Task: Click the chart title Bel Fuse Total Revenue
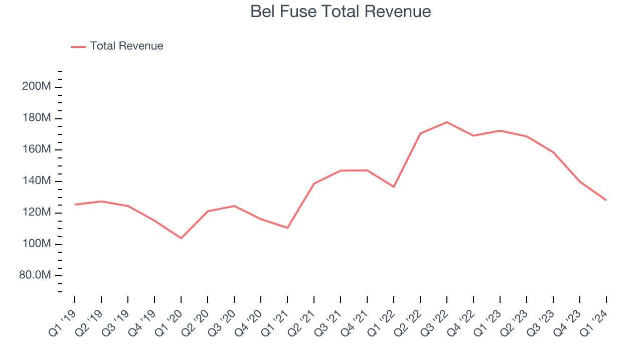pos(341,12)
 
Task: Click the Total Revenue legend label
pos(126,46)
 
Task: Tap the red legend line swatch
pos(79,47)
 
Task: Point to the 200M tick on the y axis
pos(36,87)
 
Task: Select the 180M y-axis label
pos(36,118)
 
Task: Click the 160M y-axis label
pos(36,150)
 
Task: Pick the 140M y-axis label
pos(36,182)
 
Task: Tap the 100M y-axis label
pos(36,244)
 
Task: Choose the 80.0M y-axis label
pos(35,276)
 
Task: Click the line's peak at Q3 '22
pos(447,122)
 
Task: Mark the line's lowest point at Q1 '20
pos(181,238)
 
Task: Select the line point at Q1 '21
pos(287,228)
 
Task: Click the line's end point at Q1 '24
pos(606,200)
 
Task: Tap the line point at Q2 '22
pos(420,133)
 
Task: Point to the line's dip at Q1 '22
pos(394,187)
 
